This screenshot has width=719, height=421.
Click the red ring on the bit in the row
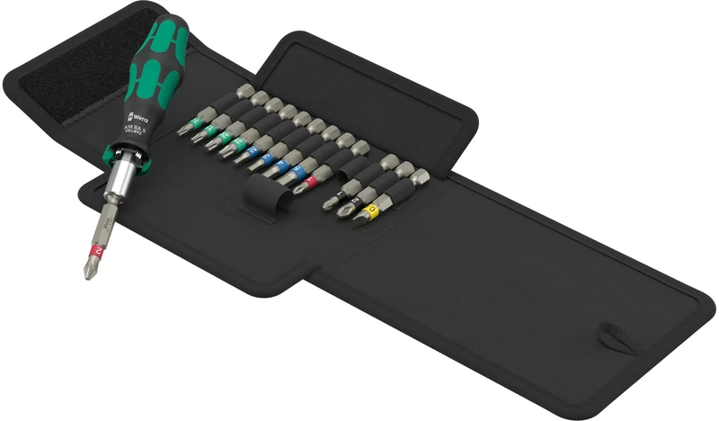pos(311,182)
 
